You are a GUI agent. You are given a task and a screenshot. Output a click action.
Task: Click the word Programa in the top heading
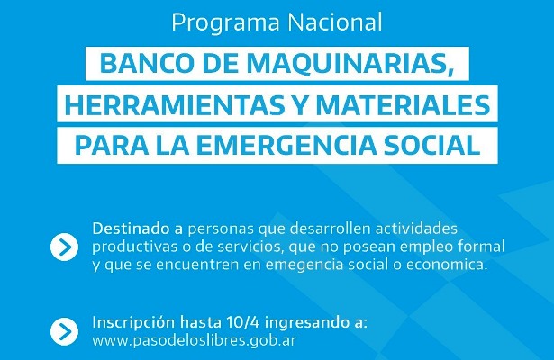coord(226,23)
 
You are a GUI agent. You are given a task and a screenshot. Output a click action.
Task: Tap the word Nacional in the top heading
coord(335,22)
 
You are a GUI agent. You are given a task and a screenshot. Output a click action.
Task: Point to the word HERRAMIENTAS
coord(175,104)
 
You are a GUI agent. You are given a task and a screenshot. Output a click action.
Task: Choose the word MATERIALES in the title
coord(403,104)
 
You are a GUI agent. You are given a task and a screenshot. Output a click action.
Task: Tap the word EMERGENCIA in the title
coord(286,145)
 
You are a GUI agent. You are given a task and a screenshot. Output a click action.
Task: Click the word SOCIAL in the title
coord(431,145)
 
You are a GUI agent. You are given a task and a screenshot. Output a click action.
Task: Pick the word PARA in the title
coord(112,145)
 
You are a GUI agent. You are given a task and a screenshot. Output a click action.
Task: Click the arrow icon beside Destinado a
coord(64,247)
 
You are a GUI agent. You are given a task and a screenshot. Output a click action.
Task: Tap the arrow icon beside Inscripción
coord(64,331)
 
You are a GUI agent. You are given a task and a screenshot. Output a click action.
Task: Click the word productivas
coord(135,247)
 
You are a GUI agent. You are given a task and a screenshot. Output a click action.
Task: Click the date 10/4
coord(243,322)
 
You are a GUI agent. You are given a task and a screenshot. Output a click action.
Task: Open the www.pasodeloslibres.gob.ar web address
coord(194,341)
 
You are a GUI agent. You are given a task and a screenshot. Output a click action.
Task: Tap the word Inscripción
coord(133,323)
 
